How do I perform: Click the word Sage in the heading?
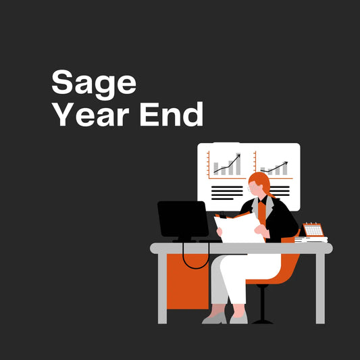coord(94,84)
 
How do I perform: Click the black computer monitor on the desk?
coord(182,218)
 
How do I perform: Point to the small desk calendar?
coord(313,229)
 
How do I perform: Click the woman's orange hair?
coord(259,182)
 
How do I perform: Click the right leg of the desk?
coord(319,287)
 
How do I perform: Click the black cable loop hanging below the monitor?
coord(196,260)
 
